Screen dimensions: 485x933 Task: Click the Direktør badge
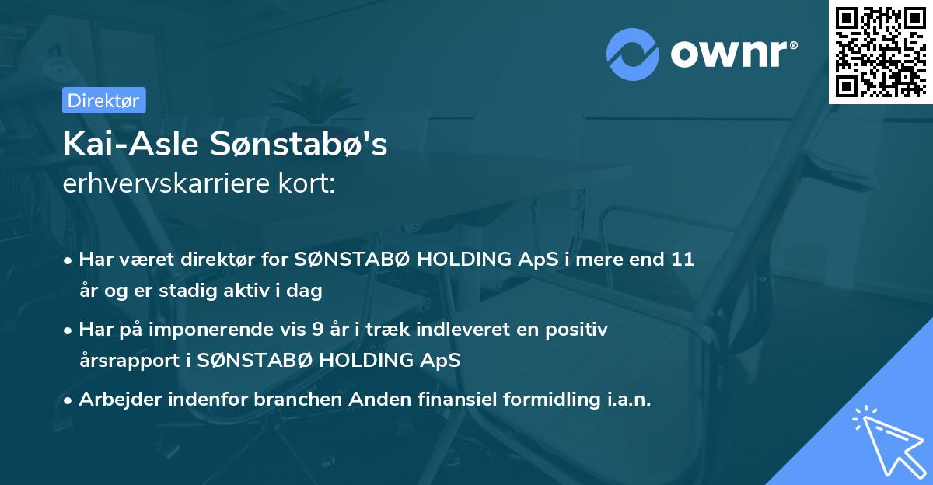pyautogui.click(x=103, y=100)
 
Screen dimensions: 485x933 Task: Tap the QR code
pyautogui.click(x=881, y=51)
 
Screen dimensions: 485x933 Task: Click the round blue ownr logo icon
pyautogui.click(x=634, y=54)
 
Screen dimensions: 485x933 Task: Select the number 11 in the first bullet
pyautogui.click(x=682, y=260)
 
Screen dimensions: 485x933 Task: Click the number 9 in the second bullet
pyautogui.click(x=317, y=330)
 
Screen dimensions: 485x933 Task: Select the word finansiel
pyautogui.click(x=442, y=400)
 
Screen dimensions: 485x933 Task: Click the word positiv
pyautogui.click(x=578, y=330)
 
